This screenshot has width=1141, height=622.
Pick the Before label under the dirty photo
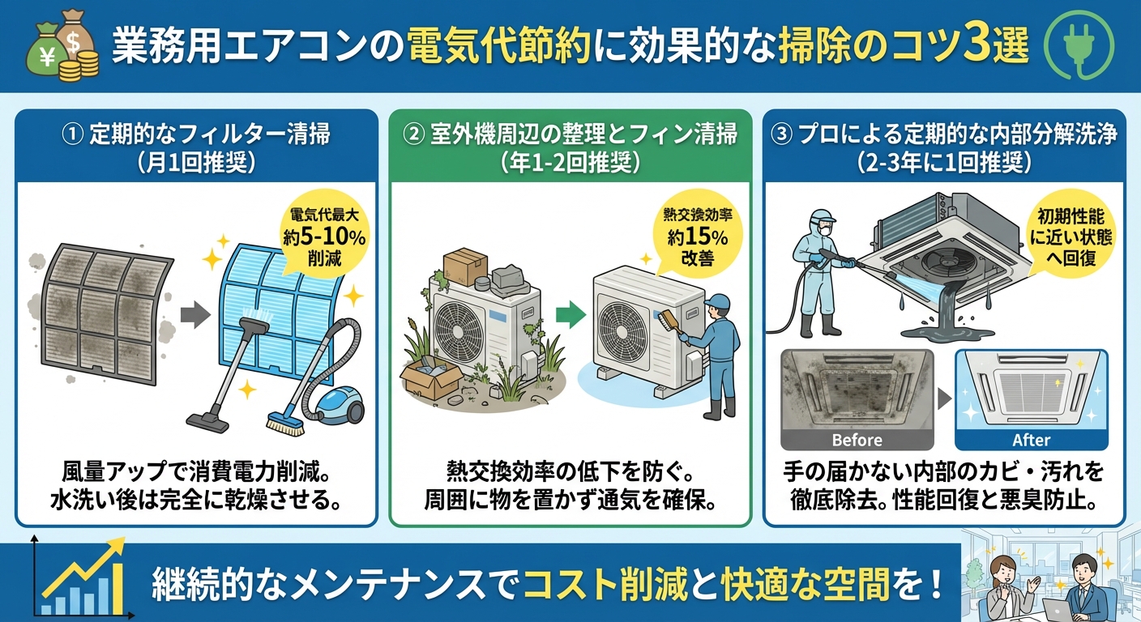coord(857,440)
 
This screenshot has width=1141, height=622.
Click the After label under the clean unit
coord(1031,440)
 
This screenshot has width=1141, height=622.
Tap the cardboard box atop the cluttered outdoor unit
coord(464,266)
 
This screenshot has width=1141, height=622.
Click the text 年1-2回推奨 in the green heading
coord(571,162)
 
